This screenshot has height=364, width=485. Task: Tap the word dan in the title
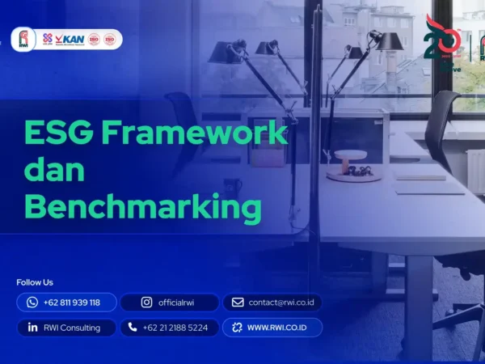pyautogui.click(x=54, y=171)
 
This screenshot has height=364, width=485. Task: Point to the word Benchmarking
pyautogui.click(x=143, y=208)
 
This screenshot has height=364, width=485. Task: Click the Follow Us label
pyautogui.click(x=35, y=282)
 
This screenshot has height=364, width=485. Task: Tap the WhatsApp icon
pyautogui.click(x=32, y=303)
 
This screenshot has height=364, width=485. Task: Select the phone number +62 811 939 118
pyautogui.click(x=72, y=303)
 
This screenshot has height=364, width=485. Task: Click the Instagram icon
pyautogui.click(x=146, y=303)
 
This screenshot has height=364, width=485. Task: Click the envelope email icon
pyautogui.click(x=238, y=303)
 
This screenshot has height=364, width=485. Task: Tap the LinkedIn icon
pyautogui.click(x=32, y=328)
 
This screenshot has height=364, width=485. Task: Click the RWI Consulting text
pyautogui.click(x=73, y=328)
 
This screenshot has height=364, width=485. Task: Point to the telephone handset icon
pyautogui.click(x=133, y=328)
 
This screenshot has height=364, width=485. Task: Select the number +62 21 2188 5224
pyautogui.click(x=175, y=328)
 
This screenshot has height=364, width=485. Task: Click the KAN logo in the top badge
pyautogui.click(x=72, y=39)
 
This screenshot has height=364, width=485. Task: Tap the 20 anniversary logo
pyautogui.click(x=443, y=40)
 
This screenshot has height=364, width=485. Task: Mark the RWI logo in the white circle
pyautogui.click(x=23, y=39)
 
